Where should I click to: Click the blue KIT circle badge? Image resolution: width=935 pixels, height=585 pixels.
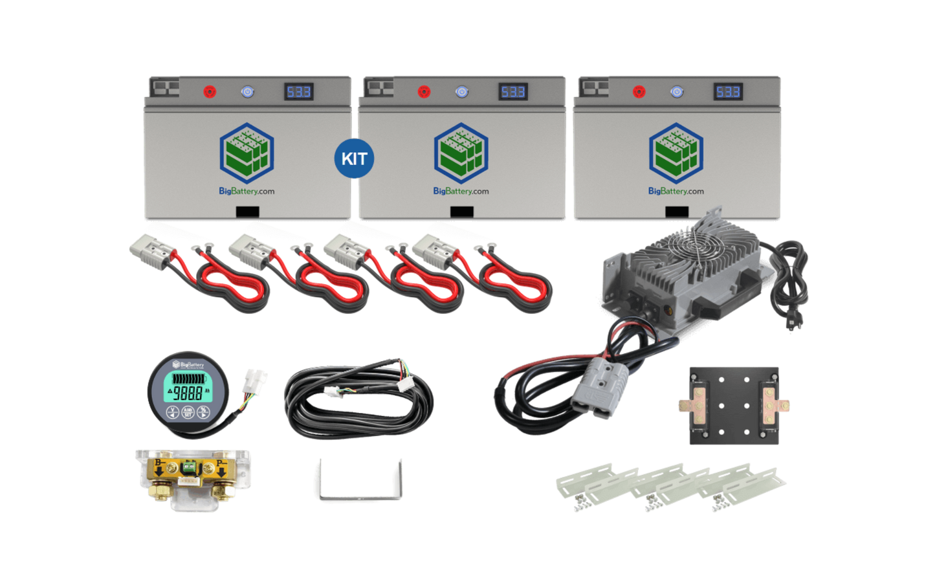[x=354, y=159]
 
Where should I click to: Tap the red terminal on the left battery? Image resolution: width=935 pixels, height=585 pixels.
[x=210, y=92]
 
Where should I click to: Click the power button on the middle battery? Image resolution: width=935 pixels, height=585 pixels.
[x=461, y=92]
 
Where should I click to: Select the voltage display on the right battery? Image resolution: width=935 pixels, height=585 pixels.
[x=728, y=92]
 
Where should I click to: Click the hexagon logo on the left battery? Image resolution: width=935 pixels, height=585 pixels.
[x=247, y=153]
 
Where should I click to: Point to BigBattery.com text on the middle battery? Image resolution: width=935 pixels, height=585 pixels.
[x=461, y=191]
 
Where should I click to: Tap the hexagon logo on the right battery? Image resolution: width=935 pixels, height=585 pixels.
[x=676, y=153]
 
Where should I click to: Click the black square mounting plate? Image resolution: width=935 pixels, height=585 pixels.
[x=734, y=406]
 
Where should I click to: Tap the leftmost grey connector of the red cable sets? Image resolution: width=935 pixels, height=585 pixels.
[x=148, y=247]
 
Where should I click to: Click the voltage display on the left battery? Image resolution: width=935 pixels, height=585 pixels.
[x=299, y=92]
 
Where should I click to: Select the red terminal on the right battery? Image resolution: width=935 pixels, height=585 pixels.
[x=639, y=92]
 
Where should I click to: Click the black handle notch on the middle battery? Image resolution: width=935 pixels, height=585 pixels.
[x=461, y=212]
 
